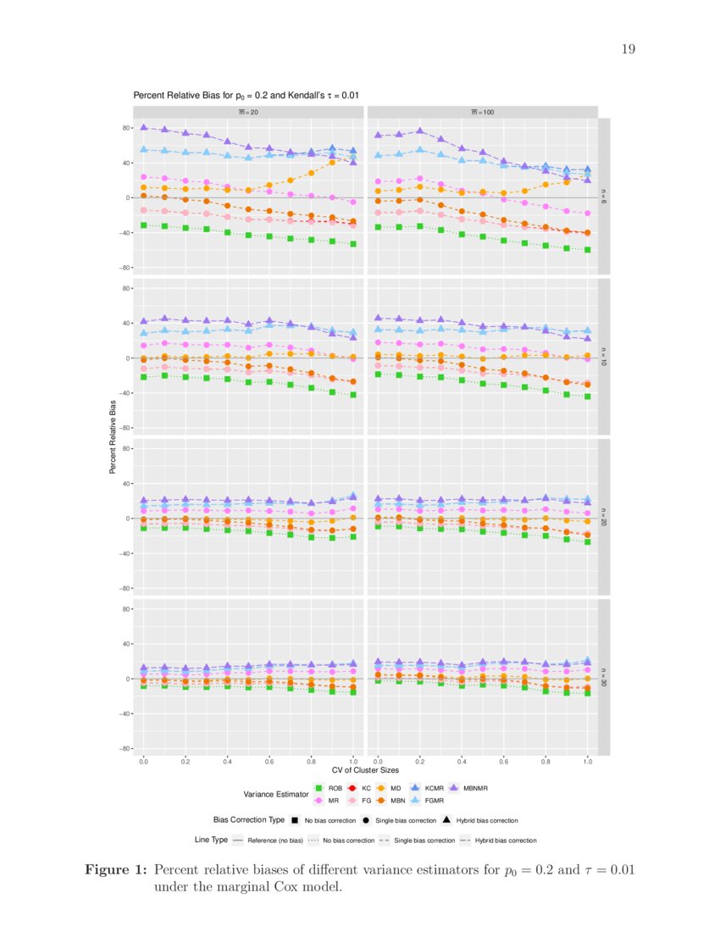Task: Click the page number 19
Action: [x=628, y=49]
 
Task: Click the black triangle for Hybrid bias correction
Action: [x=447, y=820]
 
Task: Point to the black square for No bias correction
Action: [x=295, y=820]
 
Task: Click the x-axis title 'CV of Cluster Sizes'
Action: [x=364, y=769]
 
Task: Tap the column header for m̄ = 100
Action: [x=482, y=111]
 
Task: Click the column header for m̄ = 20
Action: [x=247, y=111]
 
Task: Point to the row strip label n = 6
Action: [x=604, y=196]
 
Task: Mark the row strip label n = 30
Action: [x=604, y=676]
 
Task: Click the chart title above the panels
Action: [x=251, y=96]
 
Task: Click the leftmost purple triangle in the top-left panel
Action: [x=144, y=127]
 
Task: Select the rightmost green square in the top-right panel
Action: [x=588, y=250]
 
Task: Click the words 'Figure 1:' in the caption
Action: [x=118, y=870]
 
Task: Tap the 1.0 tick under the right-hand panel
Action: [x=588, y=763]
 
